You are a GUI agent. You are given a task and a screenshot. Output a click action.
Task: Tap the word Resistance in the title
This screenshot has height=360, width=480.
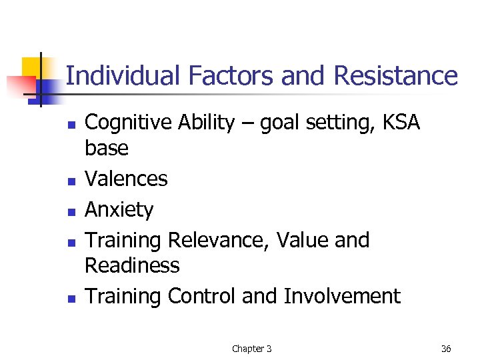point(395,76)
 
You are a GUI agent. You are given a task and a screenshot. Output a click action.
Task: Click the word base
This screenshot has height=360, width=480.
point(107,149)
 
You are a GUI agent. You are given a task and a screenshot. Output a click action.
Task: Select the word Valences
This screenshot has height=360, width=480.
point(126,179)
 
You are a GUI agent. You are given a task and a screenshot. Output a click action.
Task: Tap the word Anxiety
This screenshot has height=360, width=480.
point(119,210)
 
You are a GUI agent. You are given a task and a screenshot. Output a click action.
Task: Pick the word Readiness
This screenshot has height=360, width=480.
point(132,265)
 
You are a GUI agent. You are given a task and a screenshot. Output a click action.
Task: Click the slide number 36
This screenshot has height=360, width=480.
point(446,349)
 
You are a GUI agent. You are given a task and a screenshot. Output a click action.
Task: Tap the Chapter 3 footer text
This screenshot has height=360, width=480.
point(251,349)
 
